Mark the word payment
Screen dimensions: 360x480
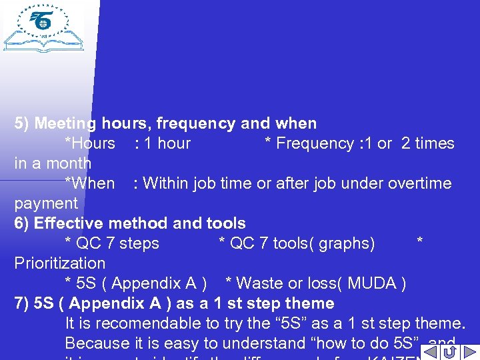click(46, 203)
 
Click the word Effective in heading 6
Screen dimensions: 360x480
click(65, 223)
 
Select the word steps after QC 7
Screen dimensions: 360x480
click(139, 243)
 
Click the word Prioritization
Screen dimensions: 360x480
click(60, 263)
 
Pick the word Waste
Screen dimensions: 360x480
click(258, 283)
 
